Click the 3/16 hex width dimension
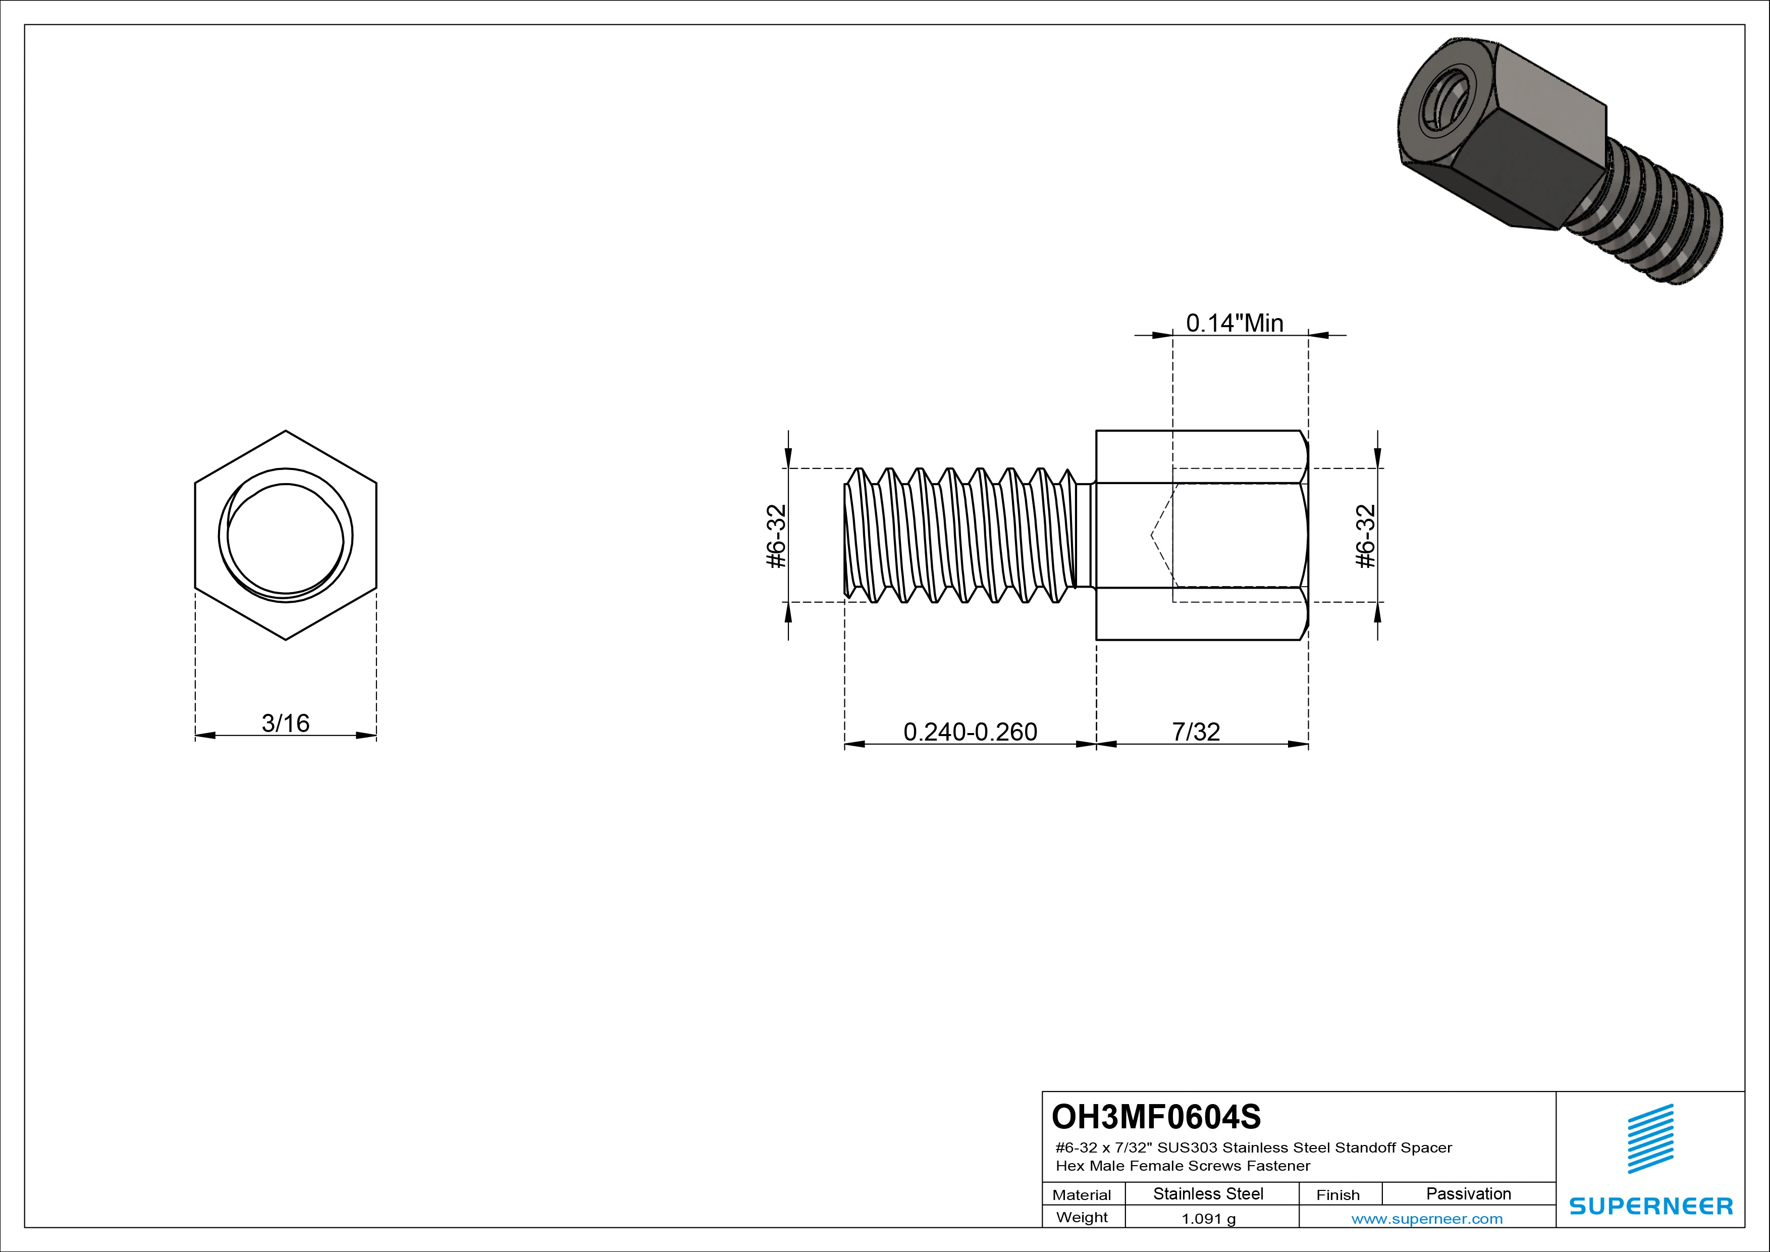click(x=285, y=723)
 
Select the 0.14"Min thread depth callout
click(x=1234, y=323)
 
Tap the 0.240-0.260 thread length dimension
click(x=970, y=731)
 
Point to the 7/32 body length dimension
click(x=1196, y=731)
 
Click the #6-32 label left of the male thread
click(x=776, y=536)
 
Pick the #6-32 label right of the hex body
click(x=1365, y=536)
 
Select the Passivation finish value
click(x=1468, y=1193)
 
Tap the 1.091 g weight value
click(x=1208, y=1219)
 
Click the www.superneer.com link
click(x=1426, y=1219)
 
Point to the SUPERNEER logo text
click(x=1650, y=1206)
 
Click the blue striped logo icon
click(x=1650, y=1139)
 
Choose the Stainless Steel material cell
click(x=1208, y=1193)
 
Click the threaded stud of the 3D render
click(x=1650, y=224)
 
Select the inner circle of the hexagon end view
click(x=285, y=536)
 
